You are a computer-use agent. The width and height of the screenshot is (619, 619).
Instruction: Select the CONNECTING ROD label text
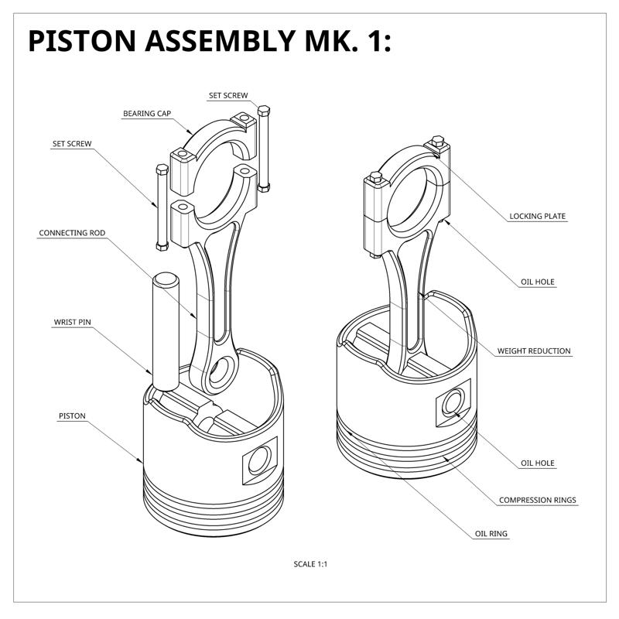click(x=72, y=233)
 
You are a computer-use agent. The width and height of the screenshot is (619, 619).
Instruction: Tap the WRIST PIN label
click(x=72, y=322)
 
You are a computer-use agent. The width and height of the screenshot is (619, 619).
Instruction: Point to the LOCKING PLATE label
click(x=538, y=217)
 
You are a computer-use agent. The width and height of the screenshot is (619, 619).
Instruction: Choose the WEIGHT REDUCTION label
click(x=534, y=351)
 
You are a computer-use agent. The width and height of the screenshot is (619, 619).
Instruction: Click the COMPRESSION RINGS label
click(x=538, y=501)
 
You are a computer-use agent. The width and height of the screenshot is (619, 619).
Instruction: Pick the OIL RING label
click(x=492, y=534)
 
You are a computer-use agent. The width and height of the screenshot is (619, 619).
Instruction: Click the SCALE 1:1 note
click(x=311, y=564)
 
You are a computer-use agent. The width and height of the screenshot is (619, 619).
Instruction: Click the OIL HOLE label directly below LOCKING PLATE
click(x=538, y=282)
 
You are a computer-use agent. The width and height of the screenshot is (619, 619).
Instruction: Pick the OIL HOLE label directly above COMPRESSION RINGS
click(x=538, y=463)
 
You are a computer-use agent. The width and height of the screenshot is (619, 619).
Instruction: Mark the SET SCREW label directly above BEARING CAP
click(x=228, y=96)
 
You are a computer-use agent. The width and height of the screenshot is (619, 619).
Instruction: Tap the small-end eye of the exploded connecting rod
click(x=223, y=371)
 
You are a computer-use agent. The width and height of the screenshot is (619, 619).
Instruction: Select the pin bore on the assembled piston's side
click(x=451, y=405)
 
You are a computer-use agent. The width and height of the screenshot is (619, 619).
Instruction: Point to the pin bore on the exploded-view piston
click(x=259, y=460)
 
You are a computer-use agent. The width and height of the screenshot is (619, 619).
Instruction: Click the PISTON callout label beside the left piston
click(x=72, y=416)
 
